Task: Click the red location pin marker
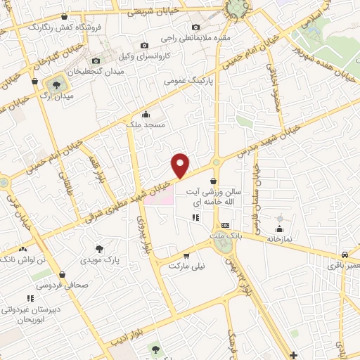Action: (x=181, y=165)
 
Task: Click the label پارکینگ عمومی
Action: (x=188, y=82)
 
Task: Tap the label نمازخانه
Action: (x=280, y=239)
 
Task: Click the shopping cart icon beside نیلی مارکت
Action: (x=186, y=256)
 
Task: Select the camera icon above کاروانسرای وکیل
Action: (x=144, y=45)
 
